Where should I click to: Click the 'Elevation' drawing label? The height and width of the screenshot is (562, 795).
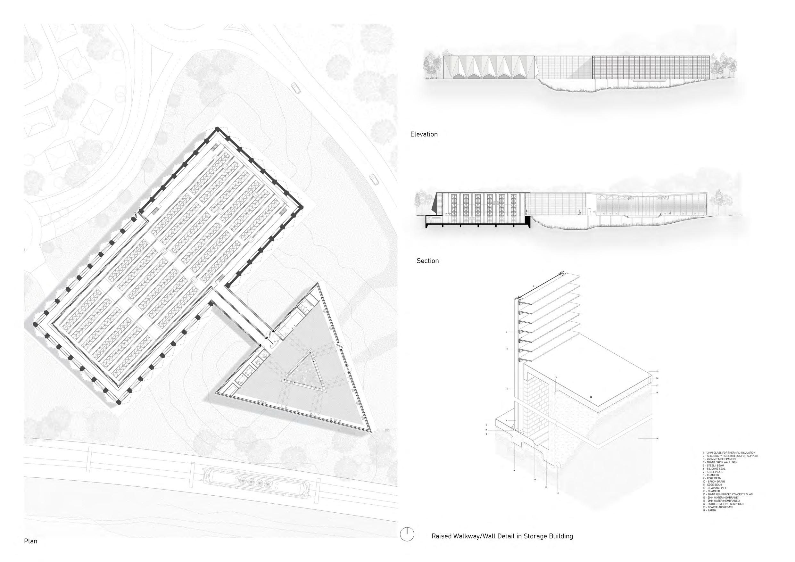pos(424,134)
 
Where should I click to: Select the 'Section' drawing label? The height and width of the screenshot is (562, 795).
pos(428,261)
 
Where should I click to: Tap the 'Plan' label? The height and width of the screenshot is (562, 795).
pos(30,541)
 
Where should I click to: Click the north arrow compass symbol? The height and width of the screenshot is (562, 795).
pos(407,534)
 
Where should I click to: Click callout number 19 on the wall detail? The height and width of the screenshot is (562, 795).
pos(657,439)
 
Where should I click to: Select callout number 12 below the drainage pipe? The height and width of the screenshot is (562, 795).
pos(558,493)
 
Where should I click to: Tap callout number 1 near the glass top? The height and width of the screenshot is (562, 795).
pos(534,286)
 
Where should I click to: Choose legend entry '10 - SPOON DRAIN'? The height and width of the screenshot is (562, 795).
pos(714,482)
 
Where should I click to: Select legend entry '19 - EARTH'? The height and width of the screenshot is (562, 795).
pos(709,510)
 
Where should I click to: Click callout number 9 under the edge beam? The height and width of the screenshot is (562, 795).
pos(515,471)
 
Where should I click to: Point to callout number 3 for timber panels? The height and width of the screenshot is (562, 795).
pos(507,349)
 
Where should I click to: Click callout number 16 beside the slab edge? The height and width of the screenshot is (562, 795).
pos(657,378)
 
